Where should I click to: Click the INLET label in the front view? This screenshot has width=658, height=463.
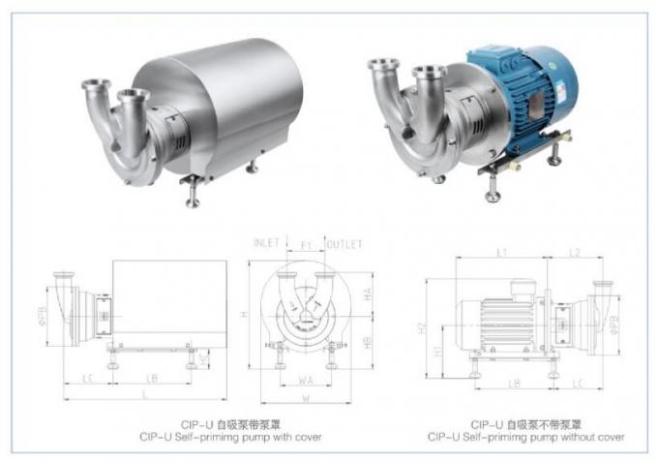point(268,241)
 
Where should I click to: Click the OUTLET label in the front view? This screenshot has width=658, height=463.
point(344,241)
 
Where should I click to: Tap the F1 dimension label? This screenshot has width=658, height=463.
point(306,246)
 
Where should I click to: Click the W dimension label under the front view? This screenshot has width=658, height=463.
point(306,396)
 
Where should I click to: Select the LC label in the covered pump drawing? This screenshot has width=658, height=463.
point(87,376)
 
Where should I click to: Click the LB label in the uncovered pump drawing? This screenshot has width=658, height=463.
point(516,384)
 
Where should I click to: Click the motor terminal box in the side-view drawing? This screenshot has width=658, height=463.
point(523,288)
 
